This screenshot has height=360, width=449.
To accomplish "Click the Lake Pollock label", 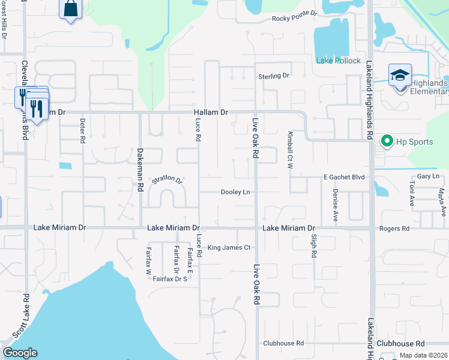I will [x=339, y=61].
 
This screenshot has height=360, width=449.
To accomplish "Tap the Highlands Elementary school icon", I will [x=400, y=76].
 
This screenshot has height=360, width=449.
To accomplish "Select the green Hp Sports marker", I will [x=387, y=142].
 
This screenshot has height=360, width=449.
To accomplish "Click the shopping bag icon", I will [x=71, y=8].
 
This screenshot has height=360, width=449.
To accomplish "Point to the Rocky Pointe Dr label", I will [x=294, y=19].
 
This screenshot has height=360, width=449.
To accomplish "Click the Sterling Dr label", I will [x=274, y=76].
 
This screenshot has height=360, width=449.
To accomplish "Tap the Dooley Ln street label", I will [x=235, y=192].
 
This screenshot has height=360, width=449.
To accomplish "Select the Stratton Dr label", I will [x=166, y=179].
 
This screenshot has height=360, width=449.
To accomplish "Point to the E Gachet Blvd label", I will [x=344, y=177].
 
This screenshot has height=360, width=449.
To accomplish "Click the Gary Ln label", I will [x=428, y=176].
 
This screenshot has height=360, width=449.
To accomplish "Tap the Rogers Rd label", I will [x=394, y=229].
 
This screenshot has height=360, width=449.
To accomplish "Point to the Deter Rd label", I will [x=82, y=130].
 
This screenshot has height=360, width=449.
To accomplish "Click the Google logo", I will [x=20, y=353].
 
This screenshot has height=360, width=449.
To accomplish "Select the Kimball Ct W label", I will [x=289, y=147].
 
